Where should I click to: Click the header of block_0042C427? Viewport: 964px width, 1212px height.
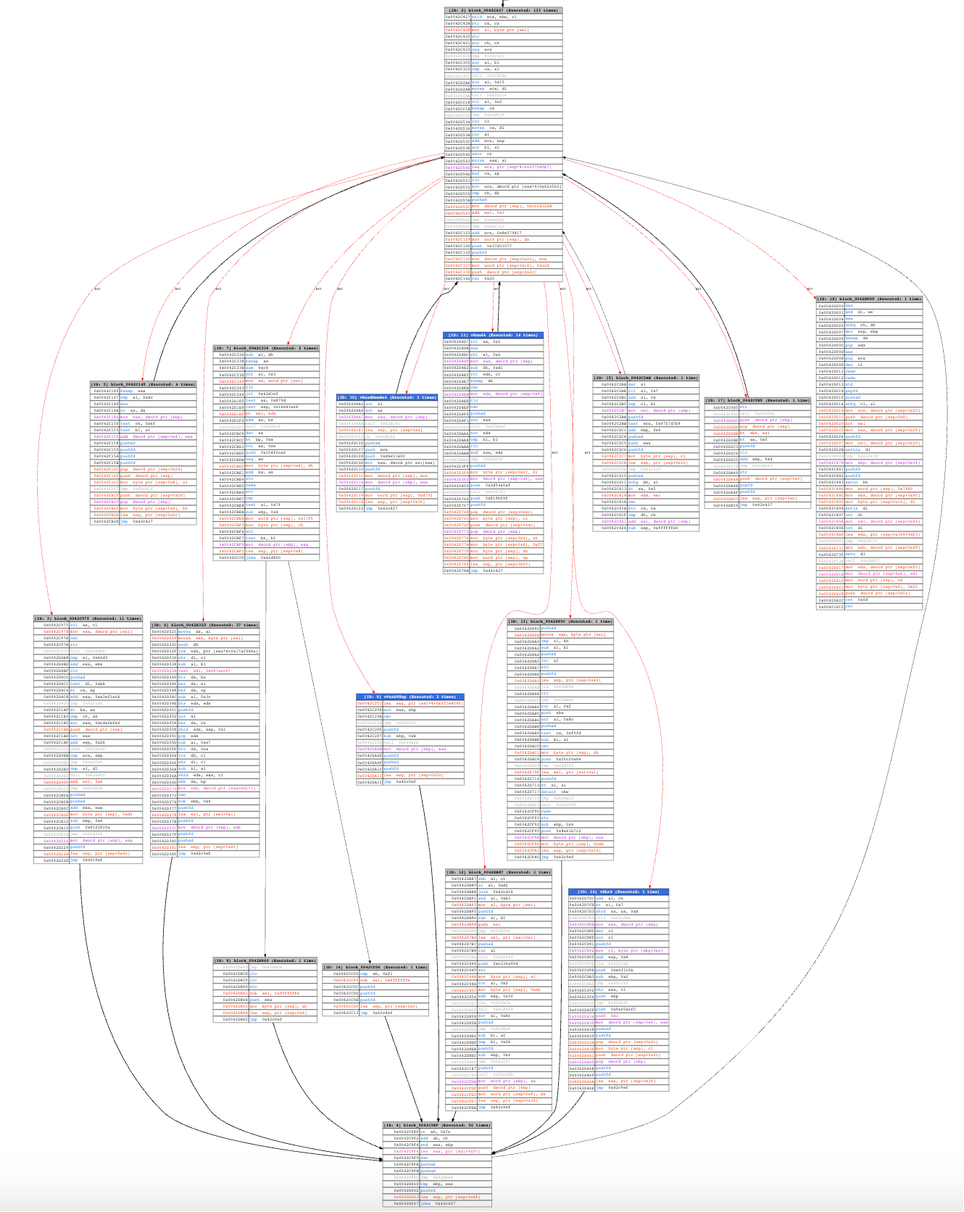pos(503,10)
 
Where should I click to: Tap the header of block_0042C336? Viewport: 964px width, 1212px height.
pos(266,348)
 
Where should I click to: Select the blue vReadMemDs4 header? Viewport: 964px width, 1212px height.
pos(386,397)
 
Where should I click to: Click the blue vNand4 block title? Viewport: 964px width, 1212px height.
pos(493,335)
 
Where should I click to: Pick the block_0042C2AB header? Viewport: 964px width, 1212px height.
pos(646,378)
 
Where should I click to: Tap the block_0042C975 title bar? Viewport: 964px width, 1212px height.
pos(88,618)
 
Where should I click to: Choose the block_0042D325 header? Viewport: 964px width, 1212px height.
pos(204,625)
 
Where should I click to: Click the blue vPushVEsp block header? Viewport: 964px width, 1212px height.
pos(410,697)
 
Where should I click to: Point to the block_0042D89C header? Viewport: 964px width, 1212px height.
pos(561,621)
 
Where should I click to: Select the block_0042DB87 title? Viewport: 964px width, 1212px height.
pos(498,872)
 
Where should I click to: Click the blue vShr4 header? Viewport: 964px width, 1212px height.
pos(618,892)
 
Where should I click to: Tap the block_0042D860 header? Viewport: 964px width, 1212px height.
pos(265,960)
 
